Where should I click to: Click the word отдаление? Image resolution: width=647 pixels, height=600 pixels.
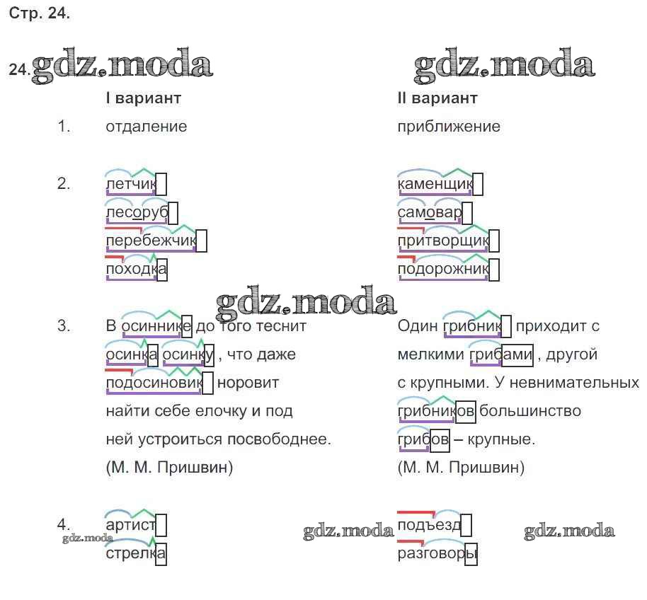(x=146, y=127)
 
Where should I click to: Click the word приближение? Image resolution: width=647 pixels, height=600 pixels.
(x=449, y=127)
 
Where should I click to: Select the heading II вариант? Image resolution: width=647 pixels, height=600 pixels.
(x=437, y=98)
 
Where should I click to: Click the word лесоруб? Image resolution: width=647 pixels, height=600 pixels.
(x=136, y=213)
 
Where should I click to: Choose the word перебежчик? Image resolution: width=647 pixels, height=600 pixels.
(x=149, y=241)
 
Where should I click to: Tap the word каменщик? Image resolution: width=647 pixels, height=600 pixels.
(x=434, y=185)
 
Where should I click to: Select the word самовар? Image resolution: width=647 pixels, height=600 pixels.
(x=429, y=213)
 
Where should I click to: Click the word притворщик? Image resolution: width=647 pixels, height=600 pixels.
(x=442, y=241)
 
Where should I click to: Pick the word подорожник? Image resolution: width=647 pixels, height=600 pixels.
(x=442, y=270)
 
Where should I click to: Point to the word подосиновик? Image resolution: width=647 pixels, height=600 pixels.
(x=153, y=383)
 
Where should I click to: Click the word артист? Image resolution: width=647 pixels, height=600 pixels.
(x=130, y=525)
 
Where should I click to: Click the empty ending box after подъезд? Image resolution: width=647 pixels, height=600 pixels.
(x=466, y=526)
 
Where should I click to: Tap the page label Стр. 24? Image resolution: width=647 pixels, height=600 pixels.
(x=40, y=14)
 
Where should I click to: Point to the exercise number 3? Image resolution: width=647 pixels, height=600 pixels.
(x=64, y=326)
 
